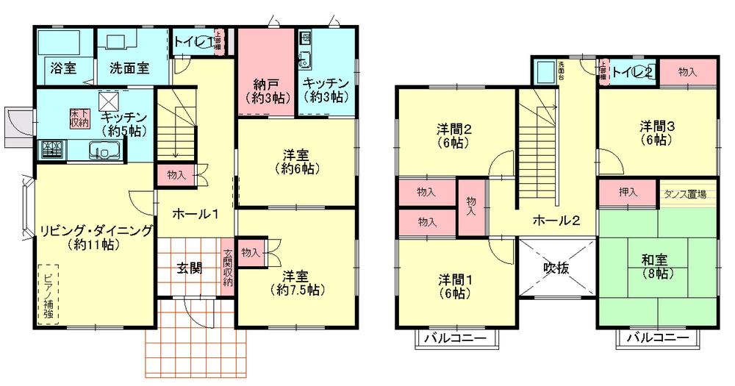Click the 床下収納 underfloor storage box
(79, 118)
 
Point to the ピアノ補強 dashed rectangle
(49, 293)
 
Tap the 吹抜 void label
(556, 268)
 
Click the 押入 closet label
(627, 193)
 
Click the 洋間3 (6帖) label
(656, 132)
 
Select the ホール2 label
(556, 219)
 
